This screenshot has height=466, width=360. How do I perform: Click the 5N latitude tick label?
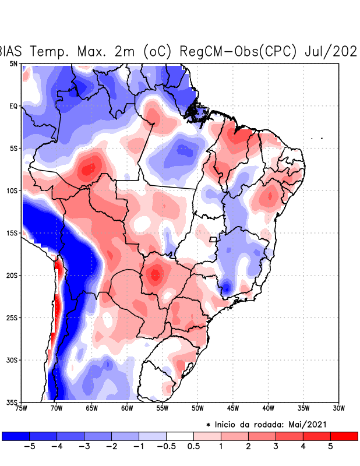coord(13,63)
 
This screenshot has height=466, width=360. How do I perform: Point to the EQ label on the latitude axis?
coord(13,106)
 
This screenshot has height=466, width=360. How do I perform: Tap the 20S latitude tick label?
coord(13,276)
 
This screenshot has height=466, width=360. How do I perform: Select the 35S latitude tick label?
coord(13,403)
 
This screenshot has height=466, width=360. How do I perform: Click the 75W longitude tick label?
coord(22,408)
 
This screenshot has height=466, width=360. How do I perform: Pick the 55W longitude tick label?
coord(162,408)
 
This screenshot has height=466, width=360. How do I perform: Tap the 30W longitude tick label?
coord(338,408)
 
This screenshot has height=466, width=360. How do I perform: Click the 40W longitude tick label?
coord(268,408)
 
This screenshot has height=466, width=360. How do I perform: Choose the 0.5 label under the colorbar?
coord(194,447)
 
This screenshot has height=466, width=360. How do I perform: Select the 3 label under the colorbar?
coord(276,447)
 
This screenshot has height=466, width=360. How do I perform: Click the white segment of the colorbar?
coord(180,436)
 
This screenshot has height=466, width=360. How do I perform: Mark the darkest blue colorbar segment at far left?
coord(16,436)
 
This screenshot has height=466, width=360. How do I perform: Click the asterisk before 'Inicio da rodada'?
coord(208,426)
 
